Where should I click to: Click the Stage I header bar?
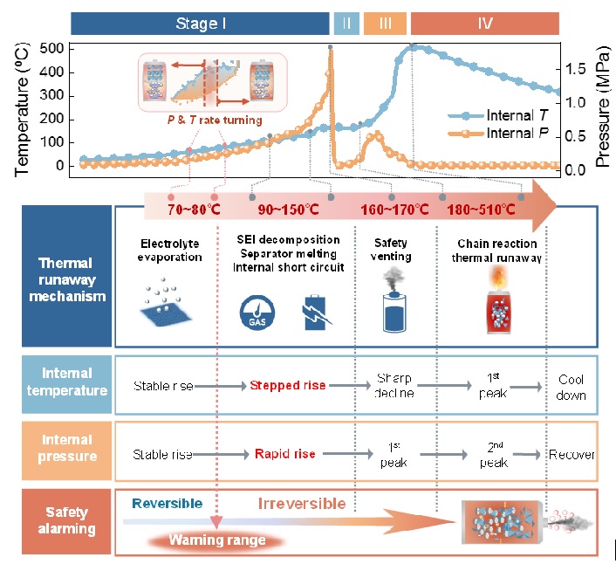200,23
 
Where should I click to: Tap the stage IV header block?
484,23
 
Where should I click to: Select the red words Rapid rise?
284,454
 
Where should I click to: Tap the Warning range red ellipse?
216,540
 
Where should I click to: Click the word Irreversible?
302,504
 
